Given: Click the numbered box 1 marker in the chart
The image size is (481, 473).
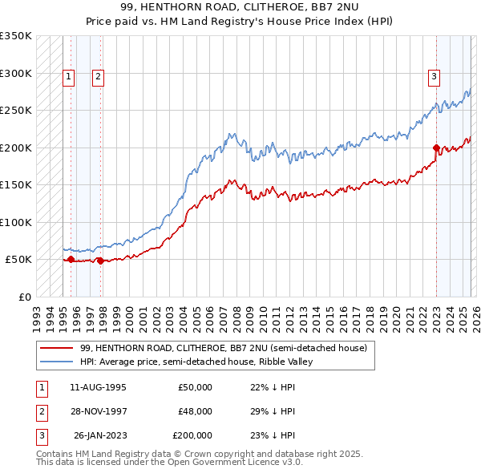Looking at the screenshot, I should tap(70, 77).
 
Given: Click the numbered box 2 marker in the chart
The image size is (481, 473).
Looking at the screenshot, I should tap(98, 77).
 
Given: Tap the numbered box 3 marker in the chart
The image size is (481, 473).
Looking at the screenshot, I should tap(434, 77).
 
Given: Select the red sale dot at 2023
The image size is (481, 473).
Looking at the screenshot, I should tap(436, 148).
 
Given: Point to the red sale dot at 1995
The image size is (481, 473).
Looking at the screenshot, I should tap(71, 259).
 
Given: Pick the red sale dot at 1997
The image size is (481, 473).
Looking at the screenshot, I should tap(101, 261).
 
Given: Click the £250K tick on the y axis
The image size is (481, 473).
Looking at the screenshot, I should tap(16, 111).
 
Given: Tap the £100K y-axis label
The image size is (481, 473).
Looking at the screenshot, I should tap(16, 222).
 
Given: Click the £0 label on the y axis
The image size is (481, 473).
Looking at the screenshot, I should tap(23, 297).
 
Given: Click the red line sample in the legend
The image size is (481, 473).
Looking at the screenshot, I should tap(56, 348).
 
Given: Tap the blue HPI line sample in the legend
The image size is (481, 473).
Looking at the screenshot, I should tap(56, 362).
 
